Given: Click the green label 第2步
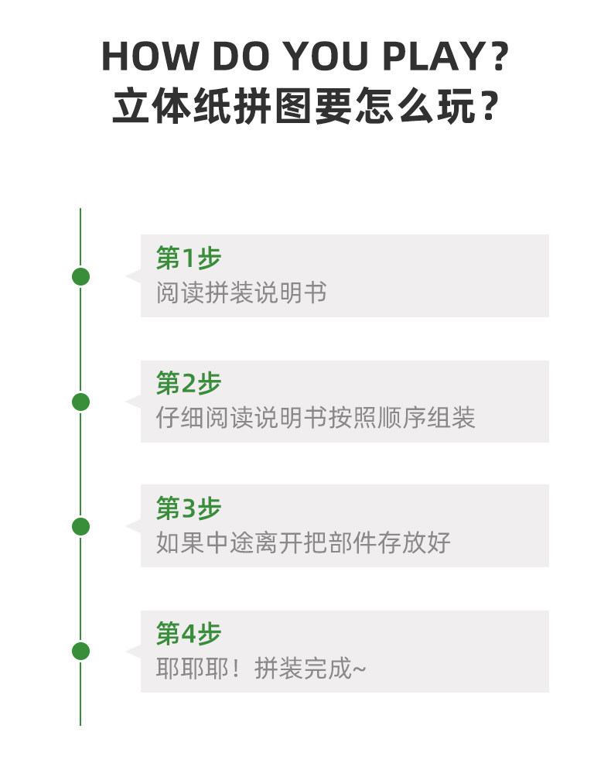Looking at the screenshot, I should pos(189,383).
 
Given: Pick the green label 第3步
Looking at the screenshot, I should pos(189,508).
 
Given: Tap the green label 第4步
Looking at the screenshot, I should pos(189,634).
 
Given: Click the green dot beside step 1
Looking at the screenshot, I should pos(80,276).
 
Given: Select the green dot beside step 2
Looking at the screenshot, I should pos(80,402).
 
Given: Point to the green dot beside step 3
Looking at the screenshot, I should pos(80,527).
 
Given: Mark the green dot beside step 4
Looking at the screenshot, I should pos(80,652).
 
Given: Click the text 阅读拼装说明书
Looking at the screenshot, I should pos(241,293).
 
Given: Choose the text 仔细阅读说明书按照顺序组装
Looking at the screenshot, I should pos(316,419).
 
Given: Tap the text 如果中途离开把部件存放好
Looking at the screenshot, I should pos(303,543).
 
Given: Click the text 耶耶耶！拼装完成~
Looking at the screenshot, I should pos(261,669).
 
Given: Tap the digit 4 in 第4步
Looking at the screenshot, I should pos(189,635).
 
